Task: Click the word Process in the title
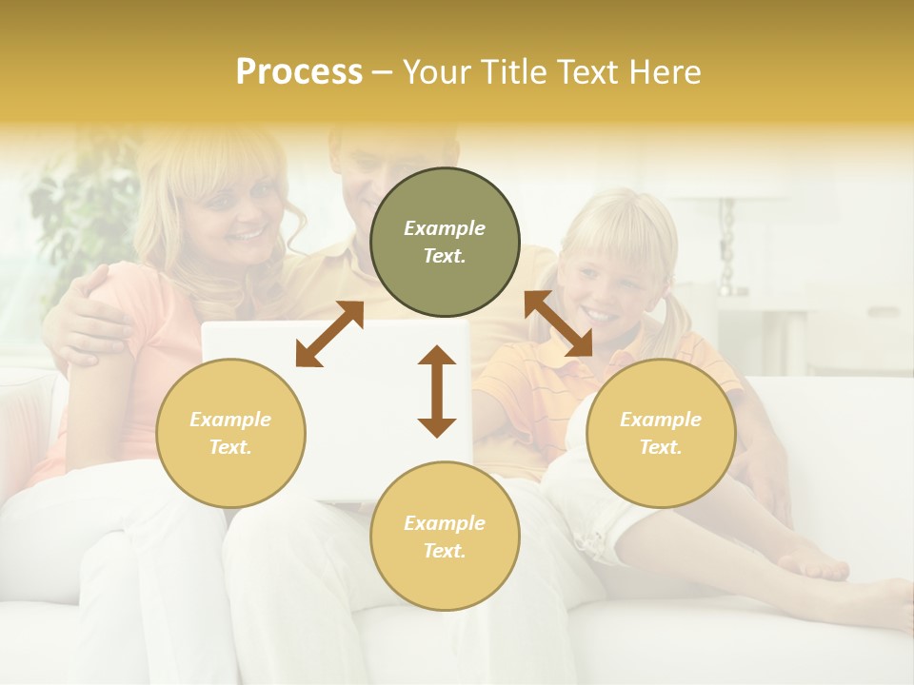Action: [x=299, y=72]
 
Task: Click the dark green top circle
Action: [x=445, y=243]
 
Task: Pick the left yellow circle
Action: [x=230, y=433]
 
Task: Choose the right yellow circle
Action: [x=661, y=433]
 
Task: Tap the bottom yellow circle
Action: [x=445, y=536]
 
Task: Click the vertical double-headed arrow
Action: [x=437, y=391]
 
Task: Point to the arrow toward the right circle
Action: [x=559, y=324]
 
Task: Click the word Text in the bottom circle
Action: [x=445, y=551]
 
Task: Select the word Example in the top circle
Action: [x=445, y=228]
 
